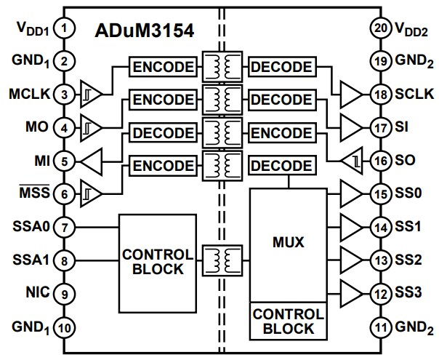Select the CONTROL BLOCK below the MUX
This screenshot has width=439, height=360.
[x=286, y=321]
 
